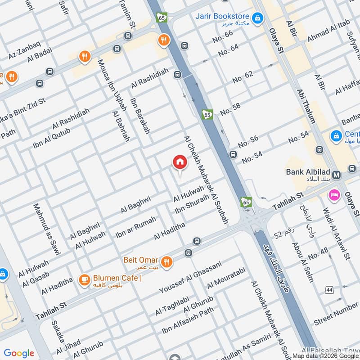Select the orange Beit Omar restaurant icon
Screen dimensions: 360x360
[167, 261]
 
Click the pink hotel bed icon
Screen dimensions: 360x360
[334, 195]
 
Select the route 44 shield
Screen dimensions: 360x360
[330, 290]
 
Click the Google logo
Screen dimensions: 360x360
[19, 353]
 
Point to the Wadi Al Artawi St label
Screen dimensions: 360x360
[336, 234]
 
